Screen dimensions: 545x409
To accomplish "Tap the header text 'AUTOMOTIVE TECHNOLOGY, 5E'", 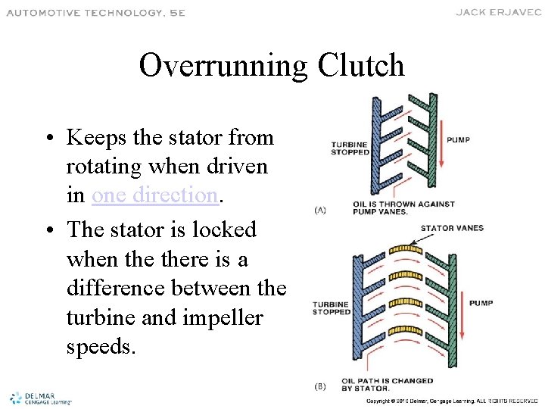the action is click(95, 13).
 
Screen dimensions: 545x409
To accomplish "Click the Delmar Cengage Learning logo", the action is click(39, 398).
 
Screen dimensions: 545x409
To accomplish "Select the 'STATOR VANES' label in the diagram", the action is click(452, 228).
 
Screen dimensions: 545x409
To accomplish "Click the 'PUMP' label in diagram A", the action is click(458, 139).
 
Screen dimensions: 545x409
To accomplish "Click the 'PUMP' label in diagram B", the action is click(481, 303).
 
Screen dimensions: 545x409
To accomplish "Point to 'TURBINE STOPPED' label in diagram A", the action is click(349, 148).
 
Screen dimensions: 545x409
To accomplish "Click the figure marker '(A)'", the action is click(319, 210).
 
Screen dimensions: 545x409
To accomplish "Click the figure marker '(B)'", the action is click(319, 386).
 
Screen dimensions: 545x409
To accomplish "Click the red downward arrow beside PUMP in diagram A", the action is click(440, 148).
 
